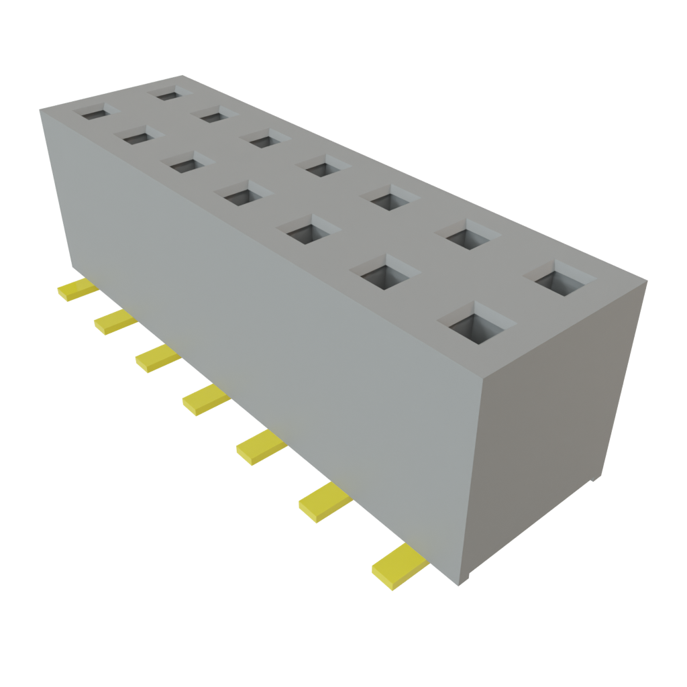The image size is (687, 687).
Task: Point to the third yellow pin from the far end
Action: [158, 359]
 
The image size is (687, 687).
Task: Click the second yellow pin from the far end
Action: [115, 322]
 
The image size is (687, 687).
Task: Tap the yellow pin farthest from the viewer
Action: [77, 290]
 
